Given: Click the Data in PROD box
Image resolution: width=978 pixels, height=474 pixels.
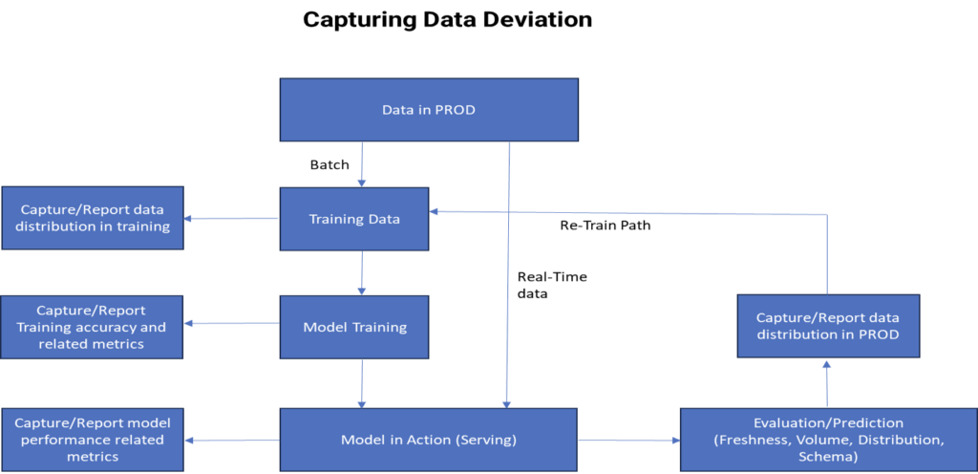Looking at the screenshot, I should point(428,109).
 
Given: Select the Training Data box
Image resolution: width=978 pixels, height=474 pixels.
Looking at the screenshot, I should point(353,219).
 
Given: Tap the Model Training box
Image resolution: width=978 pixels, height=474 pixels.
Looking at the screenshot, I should point(353,327).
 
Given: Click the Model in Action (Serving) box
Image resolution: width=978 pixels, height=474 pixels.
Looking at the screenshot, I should point(428,440).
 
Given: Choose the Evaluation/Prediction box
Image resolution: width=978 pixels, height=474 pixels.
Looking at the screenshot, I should point(827,439).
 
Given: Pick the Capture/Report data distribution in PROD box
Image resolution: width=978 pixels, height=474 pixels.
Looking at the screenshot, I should point(827,327).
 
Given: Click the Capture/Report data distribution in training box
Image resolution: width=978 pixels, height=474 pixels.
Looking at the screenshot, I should point(92,219).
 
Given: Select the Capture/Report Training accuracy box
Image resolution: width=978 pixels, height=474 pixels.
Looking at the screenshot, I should point(92,327).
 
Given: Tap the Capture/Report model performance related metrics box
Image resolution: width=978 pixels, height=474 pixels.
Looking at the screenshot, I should point(92,440).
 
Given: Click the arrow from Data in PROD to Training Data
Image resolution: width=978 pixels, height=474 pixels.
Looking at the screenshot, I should point(361,163).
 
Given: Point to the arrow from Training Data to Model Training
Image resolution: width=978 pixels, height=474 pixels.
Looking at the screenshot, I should point(361,273).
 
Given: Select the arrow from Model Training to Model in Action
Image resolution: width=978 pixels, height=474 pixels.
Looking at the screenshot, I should point(361,383).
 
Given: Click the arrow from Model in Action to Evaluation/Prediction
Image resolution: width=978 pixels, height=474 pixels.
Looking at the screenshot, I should point(628,441).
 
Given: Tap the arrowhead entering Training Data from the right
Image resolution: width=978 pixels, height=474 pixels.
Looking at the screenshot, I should point(436,213).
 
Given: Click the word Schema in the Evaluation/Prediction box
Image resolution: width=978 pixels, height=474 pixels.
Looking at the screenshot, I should point(827,457).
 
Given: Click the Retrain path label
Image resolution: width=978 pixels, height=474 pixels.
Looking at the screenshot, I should point(607,226).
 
